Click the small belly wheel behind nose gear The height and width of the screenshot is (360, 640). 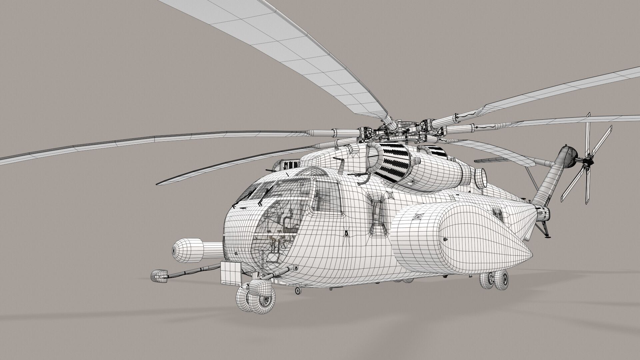298,291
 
